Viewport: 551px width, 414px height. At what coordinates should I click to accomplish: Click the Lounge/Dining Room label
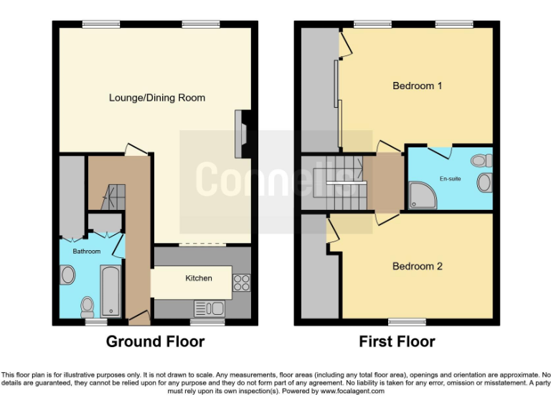click(156, 98)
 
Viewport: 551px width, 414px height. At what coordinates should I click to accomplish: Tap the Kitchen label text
click(199, 278)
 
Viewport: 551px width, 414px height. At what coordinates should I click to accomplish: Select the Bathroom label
click(87, 251)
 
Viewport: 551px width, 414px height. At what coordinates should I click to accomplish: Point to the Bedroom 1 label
click(417, 86)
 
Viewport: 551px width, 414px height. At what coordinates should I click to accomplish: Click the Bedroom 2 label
click(417, 266)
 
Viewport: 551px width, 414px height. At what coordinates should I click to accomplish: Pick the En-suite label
click(450, 178)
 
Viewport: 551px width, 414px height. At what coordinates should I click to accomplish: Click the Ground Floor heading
click(155, 341)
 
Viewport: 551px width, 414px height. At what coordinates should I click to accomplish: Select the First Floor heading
click(397, 341)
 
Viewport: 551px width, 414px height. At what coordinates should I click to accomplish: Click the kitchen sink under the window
click(209, 308)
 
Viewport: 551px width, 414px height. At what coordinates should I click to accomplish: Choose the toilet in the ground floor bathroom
click(88, 306)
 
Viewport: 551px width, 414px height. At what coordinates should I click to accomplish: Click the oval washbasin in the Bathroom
click(67, 275)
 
